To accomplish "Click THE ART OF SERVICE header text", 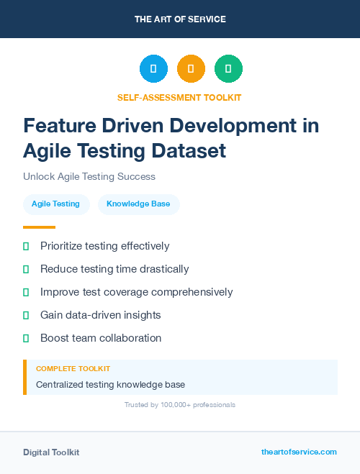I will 180,19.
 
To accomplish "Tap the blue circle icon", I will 153,69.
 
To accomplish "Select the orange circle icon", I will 191,69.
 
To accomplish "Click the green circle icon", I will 228,69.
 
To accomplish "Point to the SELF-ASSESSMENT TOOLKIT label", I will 179,97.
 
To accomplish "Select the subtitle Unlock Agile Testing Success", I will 89,176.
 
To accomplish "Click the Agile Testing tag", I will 55,204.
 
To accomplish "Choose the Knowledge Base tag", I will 138,204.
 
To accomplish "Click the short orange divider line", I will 39,227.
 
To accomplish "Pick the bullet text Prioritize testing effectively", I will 104,246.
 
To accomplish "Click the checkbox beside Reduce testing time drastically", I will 26,269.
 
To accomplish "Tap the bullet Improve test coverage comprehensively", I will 136,292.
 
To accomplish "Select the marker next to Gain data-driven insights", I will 26,315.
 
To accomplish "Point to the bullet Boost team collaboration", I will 100,338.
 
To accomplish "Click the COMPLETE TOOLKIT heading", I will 73,368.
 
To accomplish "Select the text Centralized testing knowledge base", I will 110,385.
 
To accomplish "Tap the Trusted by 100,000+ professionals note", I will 179,405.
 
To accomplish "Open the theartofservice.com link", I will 299,452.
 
